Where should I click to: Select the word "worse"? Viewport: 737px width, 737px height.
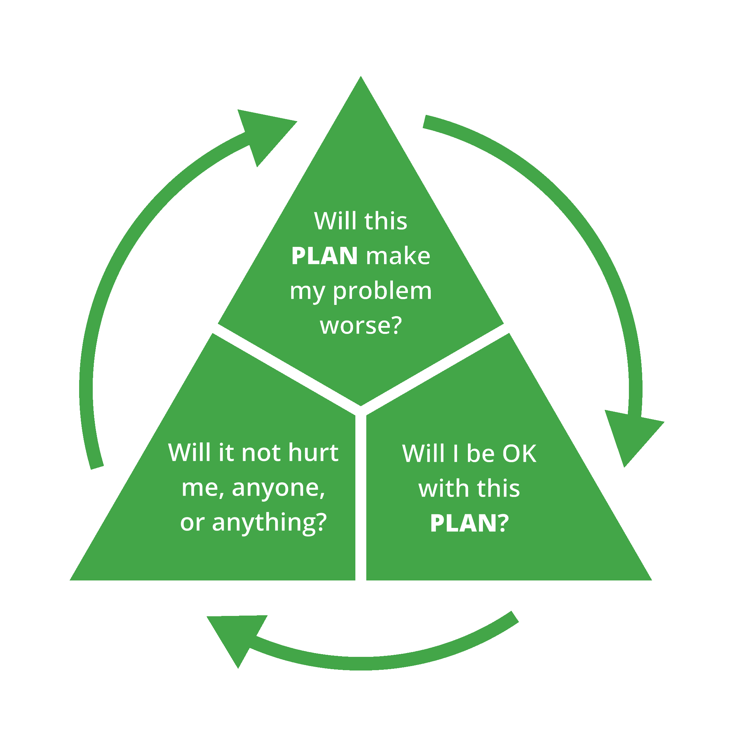tap(355, 326)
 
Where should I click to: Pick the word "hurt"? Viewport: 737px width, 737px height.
tap(313, 453)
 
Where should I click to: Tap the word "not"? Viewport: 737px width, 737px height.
tap(261, 453)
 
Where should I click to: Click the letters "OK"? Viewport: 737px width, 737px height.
tap(519, 454)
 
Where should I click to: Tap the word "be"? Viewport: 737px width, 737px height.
tap(480, 454)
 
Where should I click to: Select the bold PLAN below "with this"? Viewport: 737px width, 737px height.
tap(463, 524)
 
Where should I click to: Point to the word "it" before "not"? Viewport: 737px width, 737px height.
tap(225, 453)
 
